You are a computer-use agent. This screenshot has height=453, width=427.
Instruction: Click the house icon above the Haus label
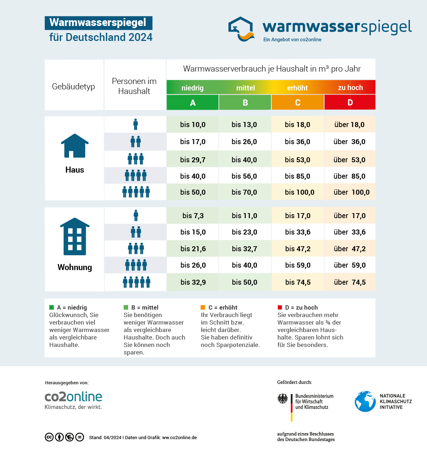[75, 146]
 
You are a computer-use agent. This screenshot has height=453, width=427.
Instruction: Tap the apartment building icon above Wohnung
[75, 237]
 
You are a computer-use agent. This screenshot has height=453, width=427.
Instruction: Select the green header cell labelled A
[193, 103]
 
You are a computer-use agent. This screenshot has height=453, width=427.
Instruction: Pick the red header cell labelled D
[350, 102]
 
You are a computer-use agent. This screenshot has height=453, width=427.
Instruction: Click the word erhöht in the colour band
[297, 88]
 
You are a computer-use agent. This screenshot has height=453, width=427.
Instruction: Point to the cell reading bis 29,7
[193, 160]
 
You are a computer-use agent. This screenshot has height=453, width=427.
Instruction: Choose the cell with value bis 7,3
[193, 216]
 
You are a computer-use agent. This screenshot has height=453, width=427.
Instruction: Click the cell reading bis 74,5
[298, 282]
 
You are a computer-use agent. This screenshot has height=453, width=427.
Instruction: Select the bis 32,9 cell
[193, 282]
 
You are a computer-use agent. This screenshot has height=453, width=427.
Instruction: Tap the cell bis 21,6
[193, 249]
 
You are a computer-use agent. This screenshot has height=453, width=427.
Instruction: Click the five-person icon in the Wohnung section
[137, 282]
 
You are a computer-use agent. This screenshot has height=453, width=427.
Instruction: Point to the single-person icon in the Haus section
[136, 125]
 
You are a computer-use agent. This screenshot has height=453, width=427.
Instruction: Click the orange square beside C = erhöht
[203, 307]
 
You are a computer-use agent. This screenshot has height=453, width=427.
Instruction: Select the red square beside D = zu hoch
[280, 307]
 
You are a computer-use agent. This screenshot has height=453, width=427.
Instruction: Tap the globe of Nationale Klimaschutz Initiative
[365, 401]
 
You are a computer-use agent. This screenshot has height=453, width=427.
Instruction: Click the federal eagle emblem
[283, 399]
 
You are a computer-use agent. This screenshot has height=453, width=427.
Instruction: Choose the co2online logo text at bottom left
[73, 397]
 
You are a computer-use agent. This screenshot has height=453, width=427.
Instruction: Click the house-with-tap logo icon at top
[241, 29]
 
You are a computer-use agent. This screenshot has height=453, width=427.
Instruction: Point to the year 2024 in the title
[141, 37]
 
